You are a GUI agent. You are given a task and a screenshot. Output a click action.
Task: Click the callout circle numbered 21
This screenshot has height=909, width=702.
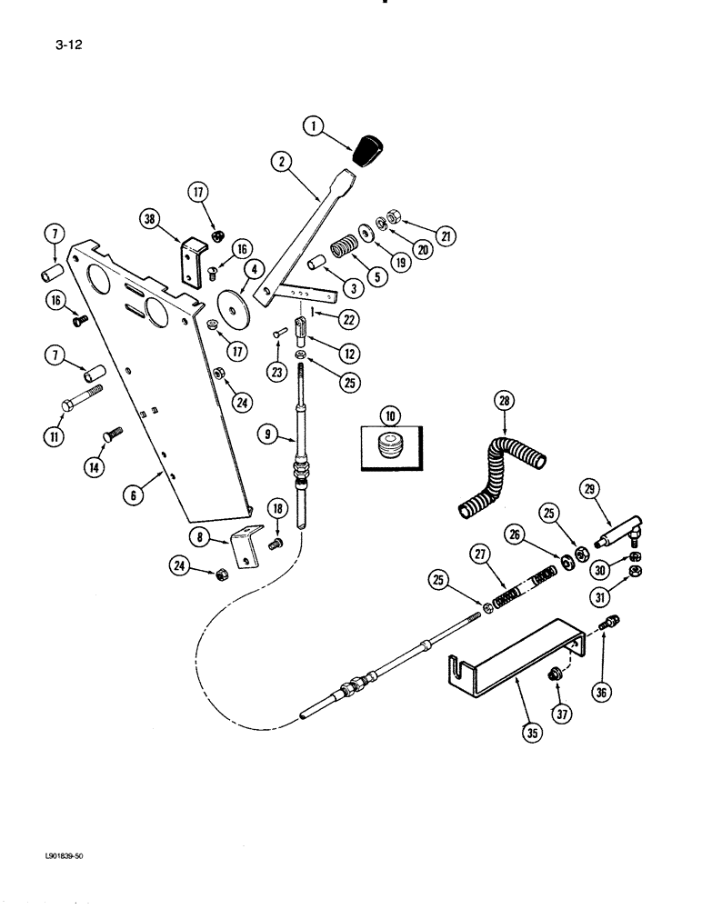445,237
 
